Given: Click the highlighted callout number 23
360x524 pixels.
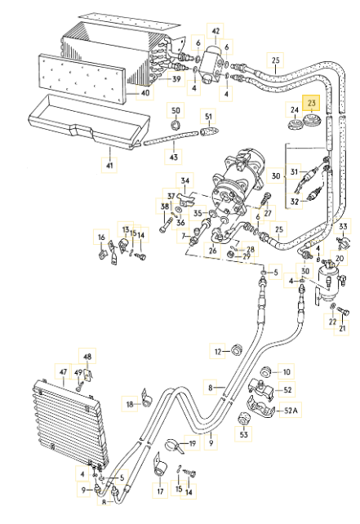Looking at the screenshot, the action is coord(311,104).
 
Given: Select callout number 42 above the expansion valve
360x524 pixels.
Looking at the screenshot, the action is coord(216,31).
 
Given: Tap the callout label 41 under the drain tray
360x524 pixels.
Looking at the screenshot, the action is coord(109,165).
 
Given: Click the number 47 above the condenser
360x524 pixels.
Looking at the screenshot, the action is coord(63,371).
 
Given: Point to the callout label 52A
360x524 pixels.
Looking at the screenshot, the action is coord(290,410).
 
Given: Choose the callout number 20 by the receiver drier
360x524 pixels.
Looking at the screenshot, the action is coord(339,258).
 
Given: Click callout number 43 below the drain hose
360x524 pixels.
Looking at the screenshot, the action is coord(174,157).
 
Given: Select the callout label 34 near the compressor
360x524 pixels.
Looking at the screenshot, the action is coord(184,181).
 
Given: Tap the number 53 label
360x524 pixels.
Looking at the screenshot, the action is coord(244,434).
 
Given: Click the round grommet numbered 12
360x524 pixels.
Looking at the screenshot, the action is coord(237,349).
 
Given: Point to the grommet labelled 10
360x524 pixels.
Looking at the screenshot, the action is coord(266,371).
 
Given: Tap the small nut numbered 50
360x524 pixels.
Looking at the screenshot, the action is coord(176,125).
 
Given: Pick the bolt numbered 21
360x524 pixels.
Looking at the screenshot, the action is coord(344,312).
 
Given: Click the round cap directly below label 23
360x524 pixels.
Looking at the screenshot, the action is coord(311,120).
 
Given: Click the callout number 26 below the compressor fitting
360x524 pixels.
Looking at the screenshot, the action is coord(212,250).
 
